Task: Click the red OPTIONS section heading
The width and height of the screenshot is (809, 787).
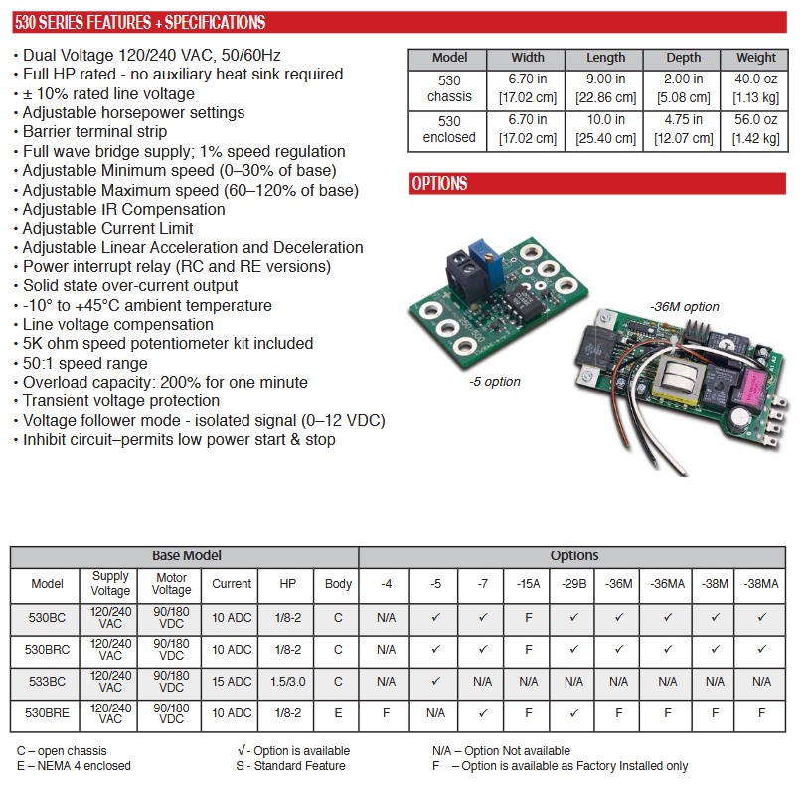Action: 439,184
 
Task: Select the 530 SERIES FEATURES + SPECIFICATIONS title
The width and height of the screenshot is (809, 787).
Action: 140,22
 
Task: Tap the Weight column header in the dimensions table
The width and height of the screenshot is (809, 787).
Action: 755,58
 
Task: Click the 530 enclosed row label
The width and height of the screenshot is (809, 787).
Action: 449,129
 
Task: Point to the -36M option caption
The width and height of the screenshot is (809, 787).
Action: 684,308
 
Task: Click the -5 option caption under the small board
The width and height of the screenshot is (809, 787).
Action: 495,381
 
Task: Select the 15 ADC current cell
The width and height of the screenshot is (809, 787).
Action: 232,682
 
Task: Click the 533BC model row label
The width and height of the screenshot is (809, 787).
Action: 47,682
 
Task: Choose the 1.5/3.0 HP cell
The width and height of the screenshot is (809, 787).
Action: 287,682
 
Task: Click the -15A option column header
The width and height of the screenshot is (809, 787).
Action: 528,584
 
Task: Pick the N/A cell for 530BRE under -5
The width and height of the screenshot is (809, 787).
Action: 435,713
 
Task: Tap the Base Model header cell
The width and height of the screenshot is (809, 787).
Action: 186,556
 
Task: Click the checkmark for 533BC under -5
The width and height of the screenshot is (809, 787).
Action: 435,682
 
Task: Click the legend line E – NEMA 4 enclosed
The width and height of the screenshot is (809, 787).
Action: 74,766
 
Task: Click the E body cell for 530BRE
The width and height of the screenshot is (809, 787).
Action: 338,713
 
